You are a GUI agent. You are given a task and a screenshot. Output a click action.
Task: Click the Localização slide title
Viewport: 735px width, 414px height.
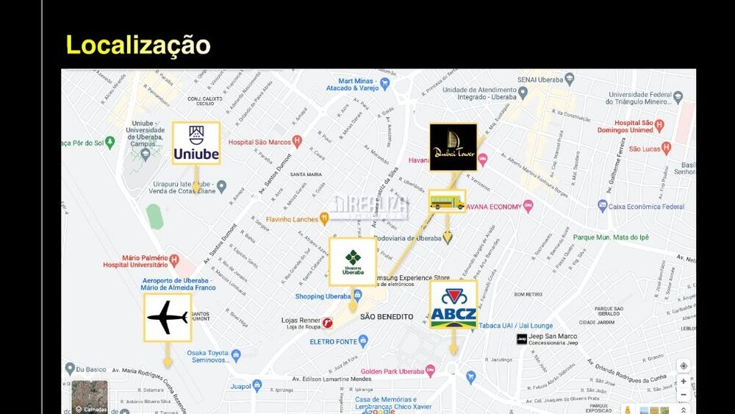(x=138, y=45)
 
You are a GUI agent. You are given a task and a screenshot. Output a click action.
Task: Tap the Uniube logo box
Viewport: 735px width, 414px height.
(x=196, y=143)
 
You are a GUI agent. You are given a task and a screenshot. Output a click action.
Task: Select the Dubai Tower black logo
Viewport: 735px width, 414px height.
(x=453, y=147)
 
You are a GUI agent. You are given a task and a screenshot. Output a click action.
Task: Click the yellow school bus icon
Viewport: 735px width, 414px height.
(x=447, y=201)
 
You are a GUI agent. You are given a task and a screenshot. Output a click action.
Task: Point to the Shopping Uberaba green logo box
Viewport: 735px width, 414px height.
(x=353, y=262)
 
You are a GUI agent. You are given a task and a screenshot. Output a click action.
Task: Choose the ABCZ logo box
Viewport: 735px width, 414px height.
(x=453, y=304)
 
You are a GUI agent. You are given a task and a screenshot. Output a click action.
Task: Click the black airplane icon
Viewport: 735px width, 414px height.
(x=168, y=318)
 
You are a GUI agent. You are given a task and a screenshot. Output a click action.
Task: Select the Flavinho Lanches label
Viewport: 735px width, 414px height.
(x=292, y=218)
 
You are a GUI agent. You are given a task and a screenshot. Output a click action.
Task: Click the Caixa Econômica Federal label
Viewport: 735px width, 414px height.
(x=646, y=207)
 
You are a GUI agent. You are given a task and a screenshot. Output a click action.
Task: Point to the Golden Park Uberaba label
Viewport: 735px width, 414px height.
(x=392, y=371)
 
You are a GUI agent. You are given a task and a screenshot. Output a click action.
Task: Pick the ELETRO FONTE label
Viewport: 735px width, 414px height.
(x=333, y=341)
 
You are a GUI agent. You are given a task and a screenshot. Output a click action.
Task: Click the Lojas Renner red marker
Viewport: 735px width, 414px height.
(x=327, y=323)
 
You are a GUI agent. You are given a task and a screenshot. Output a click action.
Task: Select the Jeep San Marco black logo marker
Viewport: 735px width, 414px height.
(x=522, y=339)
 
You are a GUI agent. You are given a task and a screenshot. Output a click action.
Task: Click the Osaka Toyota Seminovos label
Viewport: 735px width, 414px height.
(x=208, y=356)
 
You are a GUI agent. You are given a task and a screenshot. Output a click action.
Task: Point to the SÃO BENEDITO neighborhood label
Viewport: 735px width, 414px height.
(x=387, y=317)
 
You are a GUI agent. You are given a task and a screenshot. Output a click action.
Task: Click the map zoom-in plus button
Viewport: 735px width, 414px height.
(x=684, y=381)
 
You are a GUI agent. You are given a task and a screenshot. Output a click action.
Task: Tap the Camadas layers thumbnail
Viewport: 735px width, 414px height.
(x=90, y=397)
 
